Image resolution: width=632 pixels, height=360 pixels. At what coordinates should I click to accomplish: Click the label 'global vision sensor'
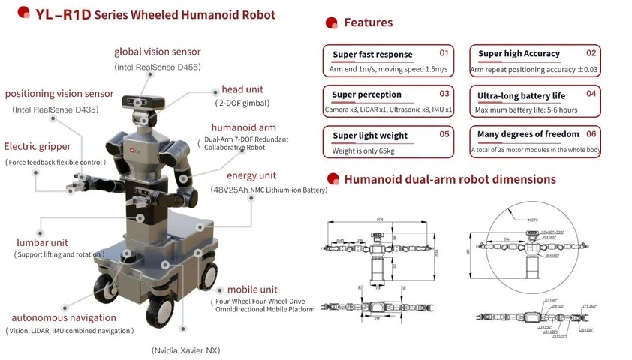157,52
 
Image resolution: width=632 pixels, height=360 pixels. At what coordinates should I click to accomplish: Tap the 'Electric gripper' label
38,147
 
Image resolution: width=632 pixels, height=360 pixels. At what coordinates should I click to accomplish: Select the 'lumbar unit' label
42,242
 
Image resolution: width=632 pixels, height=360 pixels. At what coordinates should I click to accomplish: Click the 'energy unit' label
241,175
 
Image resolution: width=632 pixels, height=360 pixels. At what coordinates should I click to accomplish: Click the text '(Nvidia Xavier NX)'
185,350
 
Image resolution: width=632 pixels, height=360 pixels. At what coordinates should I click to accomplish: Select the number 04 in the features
591,94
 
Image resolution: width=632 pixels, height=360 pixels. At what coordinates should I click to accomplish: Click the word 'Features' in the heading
368,22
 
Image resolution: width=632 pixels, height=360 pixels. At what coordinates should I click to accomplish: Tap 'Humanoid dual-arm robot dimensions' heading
450,180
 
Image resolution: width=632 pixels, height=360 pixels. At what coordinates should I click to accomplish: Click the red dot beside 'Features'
331,22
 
